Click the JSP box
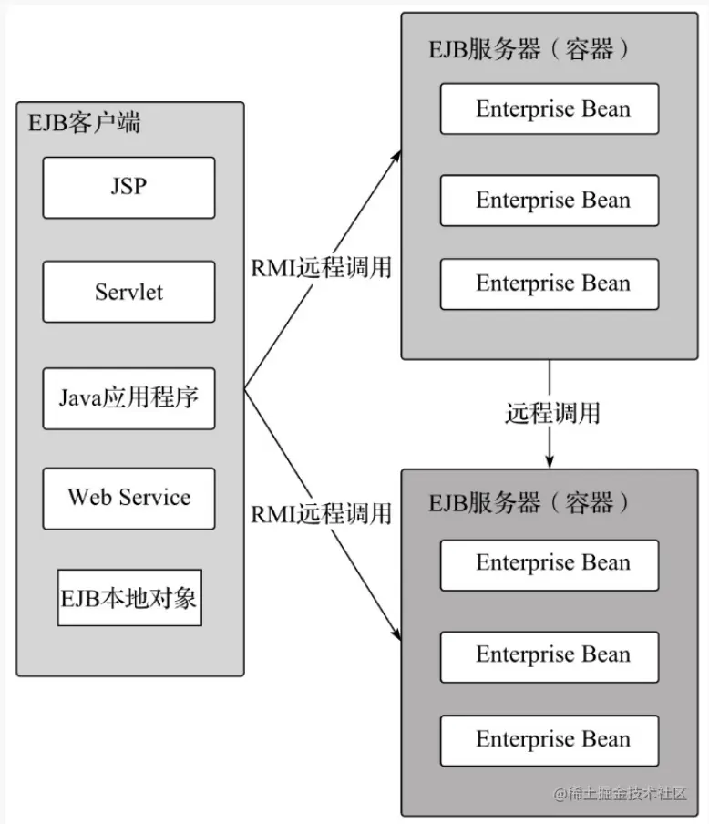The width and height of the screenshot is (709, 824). pyautogui.click(x=128, y=187)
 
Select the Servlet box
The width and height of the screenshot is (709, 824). pyautogui.click(x=128, y=292)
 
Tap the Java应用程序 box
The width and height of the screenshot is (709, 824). pyautogui.click(x=128, y=398)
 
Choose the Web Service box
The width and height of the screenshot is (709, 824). pyautogui.click(x=128, y=498)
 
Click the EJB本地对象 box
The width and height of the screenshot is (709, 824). pyautogui.click(x=128, y=598)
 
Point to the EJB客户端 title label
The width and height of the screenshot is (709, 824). pyautogui.click(x=85, y=123)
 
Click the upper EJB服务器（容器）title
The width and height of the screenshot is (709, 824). pyautogui.click(x=529, y=48)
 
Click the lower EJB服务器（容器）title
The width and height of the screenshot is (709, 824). pyautogui.click(x=529, y=502)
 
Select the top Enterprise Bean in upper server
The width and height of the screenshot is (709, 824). pyautogui.click(x=550, y=109)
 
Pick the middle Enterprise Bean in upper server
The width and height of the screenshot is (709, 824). pyautogui.click(x=550, y=200)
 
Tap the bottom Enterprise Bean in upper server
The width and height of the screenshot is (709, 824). pyautogui.click(x=550, y=283)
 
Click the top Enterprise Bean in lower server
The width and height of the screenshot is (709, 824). pyautogui.click(x=550, y=563)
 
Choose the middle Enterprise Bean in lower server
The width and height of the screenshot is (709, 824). pyautogui.click(x=550, y=654)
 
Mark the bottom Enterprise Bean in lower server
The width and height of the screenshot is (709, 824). pyautogui.click(x=550, y=739)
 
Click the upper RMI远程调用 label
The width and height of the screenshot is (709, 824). pyautogui.click(x=321, y=267)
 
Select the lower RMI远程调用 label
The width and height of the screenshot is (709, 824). pyautogui.click(x=321, y=513)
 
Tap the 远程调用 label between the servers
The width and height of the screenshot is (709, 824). pyautogui.click(x=552, y=413)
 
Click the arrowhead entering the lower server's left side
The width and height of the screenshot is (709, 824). pyautogui.click(x=397, y=634)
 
